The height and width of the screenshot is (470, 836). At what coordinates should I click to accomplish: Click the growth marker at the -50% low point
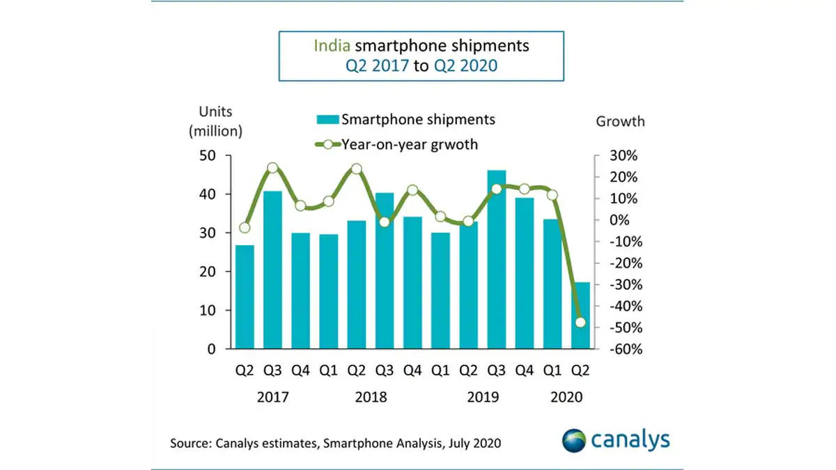580,322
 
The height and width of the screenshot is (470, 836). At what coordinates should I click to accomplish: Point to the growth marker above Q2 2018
357,169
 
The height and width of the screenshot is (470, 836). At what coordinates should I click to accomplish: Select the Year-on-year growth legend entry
401,144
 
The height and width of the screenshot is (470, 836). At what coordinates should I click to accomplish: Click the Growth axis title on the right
620,121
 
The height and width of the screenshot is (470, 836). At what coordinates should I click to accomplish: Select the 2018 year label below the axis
371,398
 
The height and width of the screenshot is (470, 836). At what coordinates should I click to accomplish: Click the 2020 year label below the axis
566,398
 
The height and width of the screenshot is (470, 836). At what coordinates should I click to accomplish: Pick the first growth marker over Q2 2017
245,228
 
